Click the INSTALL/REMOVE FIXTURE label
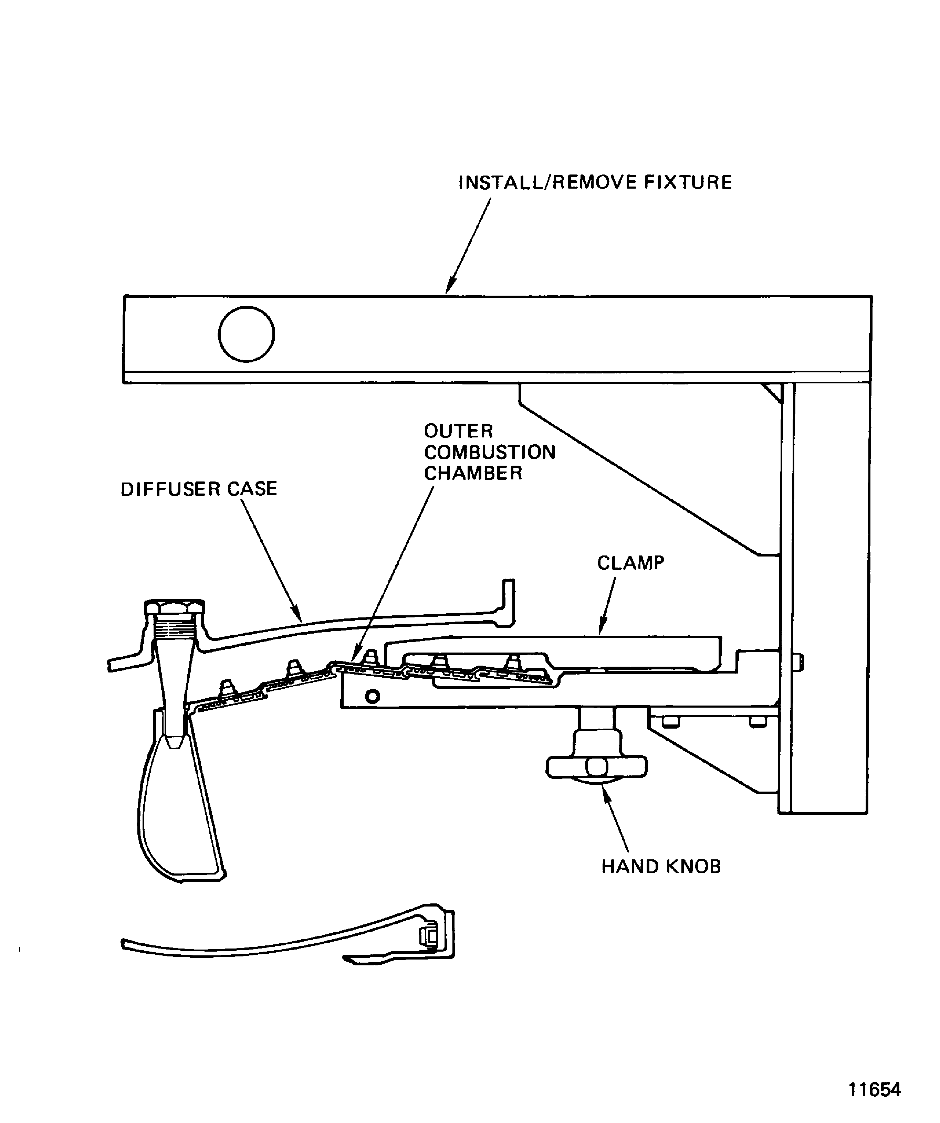click(x=595, y=182)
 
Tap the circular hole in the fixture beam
click(x=246, y=334)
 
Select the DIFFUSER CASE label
click(x=198, y=489)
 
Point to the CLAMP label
click(x=630, y=563)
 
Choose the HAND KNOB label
click(x=661, y=866)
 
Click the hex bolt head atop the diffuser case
click(x=175, y=607)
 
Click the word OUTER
click(x=459, y=431)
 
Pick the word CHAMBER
click(x=473, y=473)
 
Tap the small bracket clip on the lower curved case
click(x=429, y=951)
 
